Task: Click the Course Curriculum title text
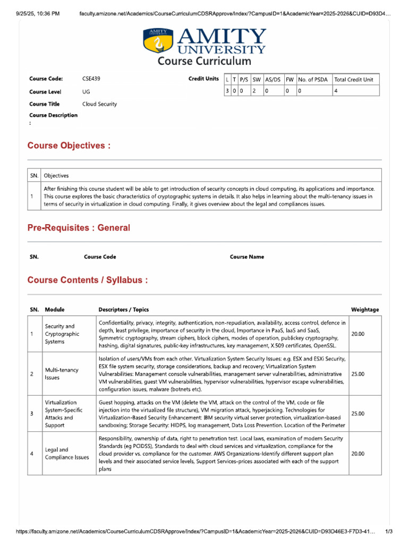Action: [x=204, y=61]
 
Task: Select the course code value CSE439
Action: [x=91, y=79]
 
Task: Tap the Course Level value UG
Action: [x=86, y=91]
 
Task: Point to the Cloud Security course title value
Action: [x=99, y=104]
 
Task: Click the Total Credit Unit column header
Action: [x=354, y=79]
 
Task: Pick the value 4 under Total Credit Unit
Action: [x=336, y=91]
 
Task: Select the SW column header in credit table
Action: [x=257, y=79]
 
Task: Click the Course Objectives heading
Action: [x=69, y=146]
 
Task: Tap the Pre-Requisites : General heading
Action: [x=78, y=228]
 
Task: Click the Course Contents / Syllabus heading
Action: [x=88, y=280]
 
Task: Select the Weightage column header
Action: [x=365, y=310]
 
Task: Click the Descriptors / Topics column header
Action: [x=124, y=310]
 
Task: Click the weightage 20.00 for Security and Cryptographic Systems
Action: [x=358, y=334]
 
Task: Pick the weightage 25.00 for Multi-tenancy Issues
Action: [x=358, y=374]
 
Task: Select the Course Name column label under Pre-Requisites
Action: [x=247, y=257]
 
